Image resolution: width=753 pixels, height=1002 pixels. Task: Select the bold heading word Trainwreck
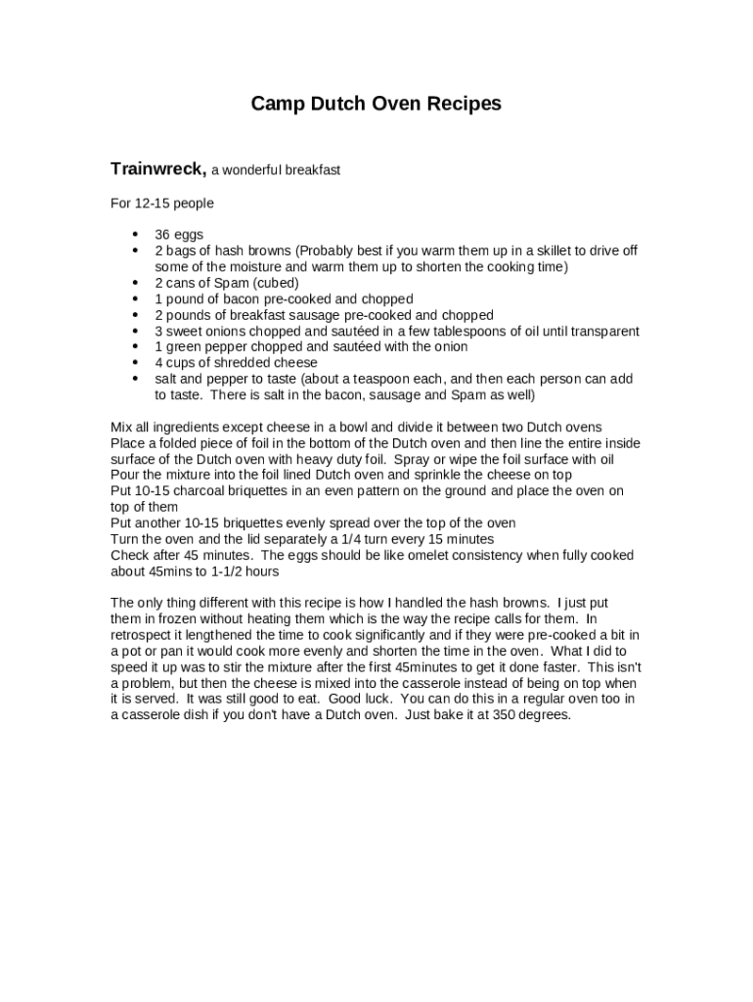pos(157,168)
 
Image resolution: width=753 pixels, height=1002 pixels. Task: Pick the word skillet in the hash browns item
pos(561,250)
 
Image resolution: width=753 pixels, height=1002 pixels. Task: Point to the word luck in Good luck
pos(377,699)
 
